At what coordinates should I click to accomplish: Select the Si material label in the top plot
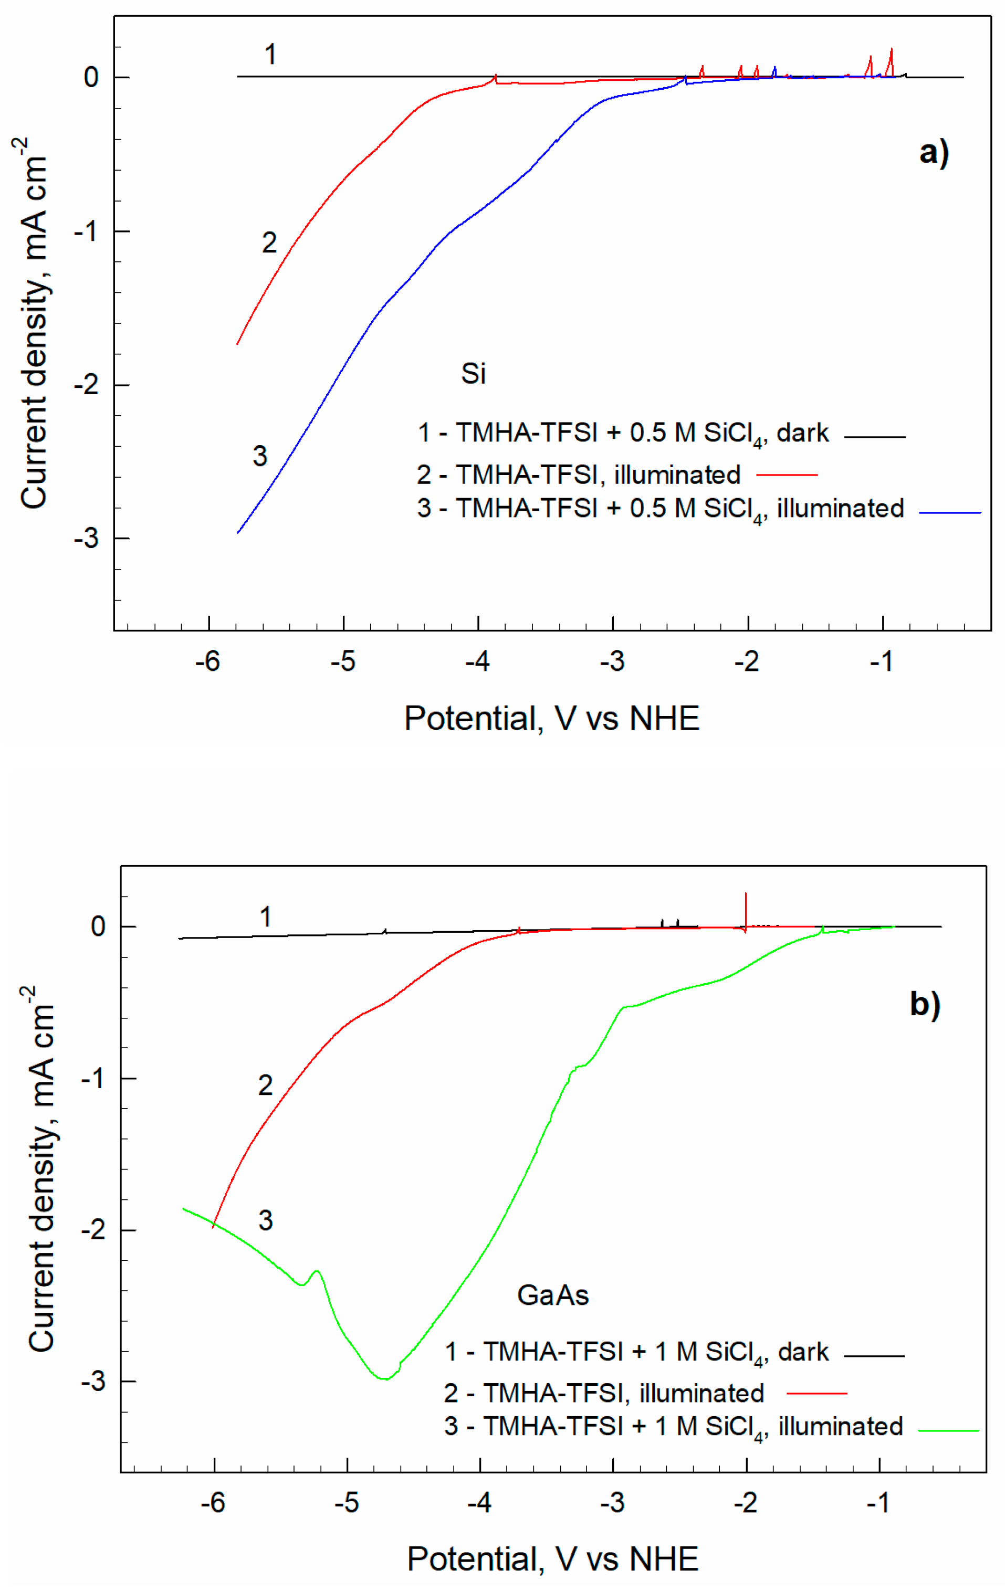[473, 374]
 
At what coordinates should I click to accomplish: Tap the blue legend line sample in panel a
[949, 512]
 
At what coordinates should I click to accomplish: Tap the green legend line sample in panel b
[948, 1430]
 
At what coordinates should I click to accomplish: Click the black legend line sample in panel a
[874, 437]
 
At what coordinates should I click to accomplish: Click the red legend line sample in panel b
[816, 1393]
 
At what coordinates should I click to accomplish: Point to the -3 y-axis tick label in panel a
[86, 539]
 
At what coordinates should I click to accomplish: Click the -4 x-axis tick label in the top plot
[477, 661]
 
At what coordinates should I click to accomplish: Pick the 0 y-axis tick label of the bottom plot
[98, 927]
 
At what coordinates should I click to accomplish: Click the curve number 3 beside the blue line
[260, 456]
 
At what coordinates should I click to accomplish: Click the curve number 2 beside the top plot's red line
[269, 243]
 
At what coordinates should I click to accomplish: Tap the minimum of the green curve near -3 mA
[384, 1379]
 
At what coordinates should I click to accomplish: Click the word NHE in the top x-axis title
[664, 718]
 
